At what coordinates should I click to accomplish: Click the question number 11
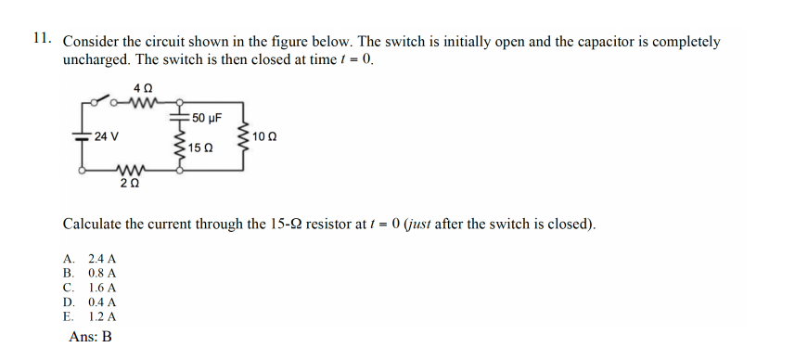pyautogui.click(x=40, y=38)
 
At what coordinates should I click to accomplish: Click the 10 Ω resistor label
pyautogui.click(x=264, y=137)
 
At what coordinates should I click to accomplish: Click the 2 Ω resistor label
pyautogui.click(x=130, y=185)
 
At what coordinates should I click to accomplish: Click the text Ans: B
pyautogui.click(x=90, y=337)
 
